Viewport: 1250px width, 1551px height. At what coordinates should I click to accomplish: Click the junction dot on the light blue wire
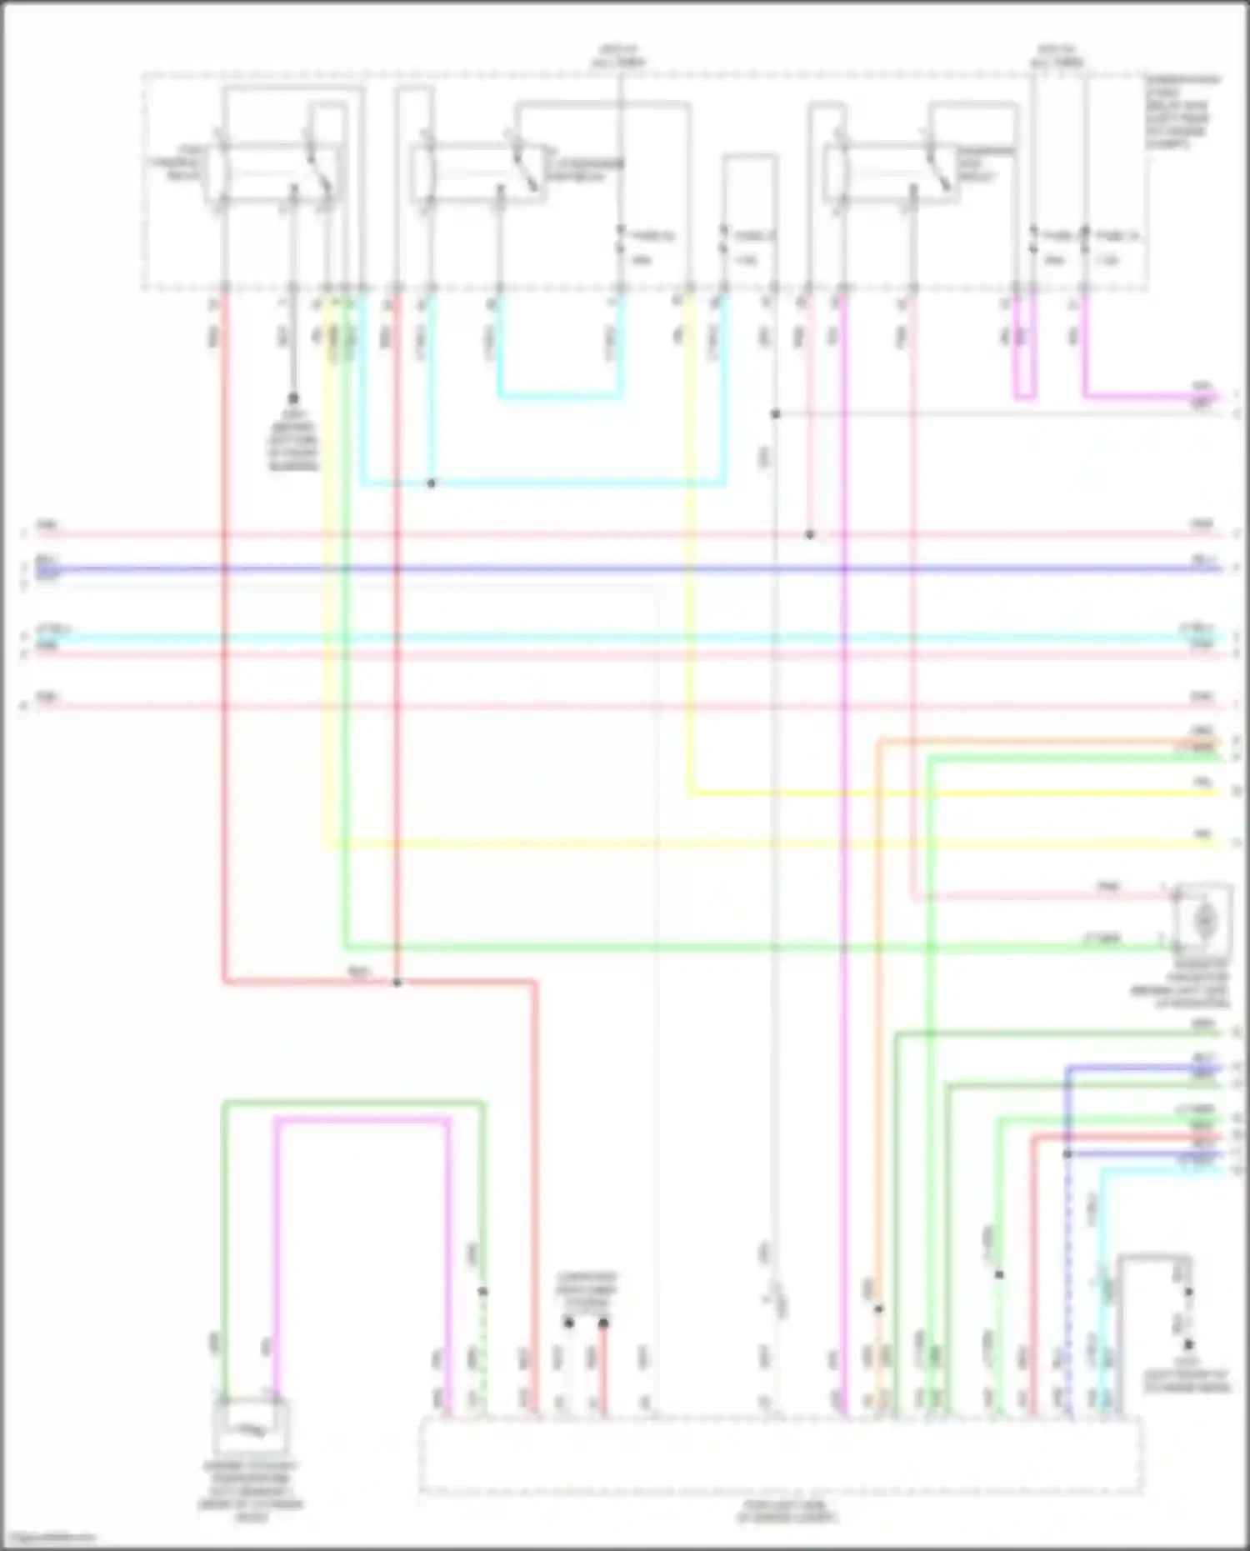[x=431, y=483]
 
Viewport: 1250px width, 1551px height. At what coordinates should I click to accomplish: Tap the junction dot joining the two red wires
[x=397, y=983]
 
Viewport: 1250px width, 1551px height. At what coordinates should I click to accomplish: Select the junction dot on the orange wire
[x=878, y=1308]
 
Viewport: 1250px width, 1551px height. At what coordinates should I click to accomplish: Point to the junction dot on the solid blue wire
[x=1067, y=1154]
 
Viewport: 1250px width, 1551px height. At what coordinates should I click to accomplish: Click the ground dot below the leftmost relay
[x=293, y=398]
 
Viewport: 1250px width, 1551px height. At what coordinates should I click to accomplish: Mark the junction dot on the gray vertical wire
[x=775, y=414]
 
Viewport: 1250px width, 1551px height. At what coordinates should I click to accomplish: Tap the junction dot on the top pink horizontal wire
[x=810, y=534]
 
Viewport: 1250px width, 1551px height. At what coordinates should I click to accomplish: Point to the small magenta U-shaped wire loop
[x=1025, y=367]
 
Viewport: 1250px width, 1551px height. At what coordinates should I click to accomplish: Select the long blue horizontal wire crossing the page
[x=625, y=570]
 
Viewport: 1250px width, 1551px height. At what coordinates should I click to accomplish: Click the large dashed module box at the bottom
[x=781, y=1454]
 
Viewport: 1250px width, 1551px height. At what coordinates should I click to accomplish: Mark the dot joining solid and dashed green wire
[x=482, y=1292]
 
